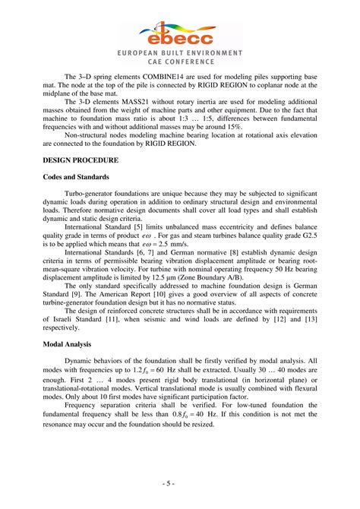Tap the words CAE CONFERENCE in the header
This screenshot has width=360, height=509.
(x=180, y=62)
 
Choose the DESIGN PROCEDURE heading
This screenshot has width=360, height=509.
(x=80, y=161)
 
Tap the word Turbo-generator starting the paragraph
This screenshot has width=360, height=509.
(x=95, y=196)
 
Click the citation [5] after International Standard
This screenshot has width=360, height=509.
(x=141, y=227)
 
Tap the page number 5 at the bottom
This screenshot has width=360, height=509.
(x=179, y=483)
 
